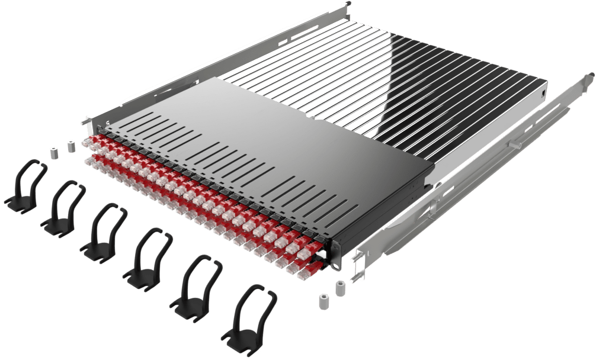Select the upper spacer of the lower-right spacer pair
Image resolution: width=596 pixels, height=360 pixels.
pyautogui.click(x=341, y=288)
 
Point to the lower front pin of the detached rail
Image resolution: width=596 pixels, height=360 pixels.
pyautogui.click(x=357, y=275)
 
